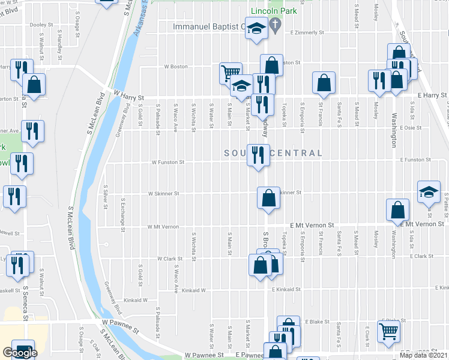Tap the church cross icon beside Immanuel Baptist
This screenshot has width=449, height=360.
(x=276, y=26)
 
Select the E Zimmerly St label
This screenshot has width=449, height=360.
(x=307, y=33)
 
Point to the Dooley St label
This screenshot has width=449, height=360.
(x=42, y=25)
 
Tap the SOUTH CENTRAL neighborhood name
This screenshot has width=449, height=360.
(x=273, y=154)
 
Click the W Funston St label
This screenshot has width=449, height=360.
(x=167, y=162)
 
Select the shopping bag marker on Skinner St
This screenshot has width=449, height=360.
(x=268, y=197)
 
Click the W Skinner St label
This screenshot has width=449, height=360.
(x=163, y=194)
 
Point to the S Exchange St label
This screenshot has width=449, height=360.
(x=122, y=215)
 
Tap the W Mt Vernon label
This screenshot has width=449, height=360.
(x=163, y=227)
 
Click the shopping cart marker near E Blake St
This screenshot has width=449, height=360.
(x=388, y=329)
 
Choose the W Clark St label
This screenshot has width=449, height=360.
(x=169, y=259)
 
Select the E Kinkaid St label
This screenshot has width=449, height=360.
(x=286, y=289)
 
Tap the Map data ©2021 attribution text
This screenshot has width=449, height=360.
(x=424, y=355)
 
